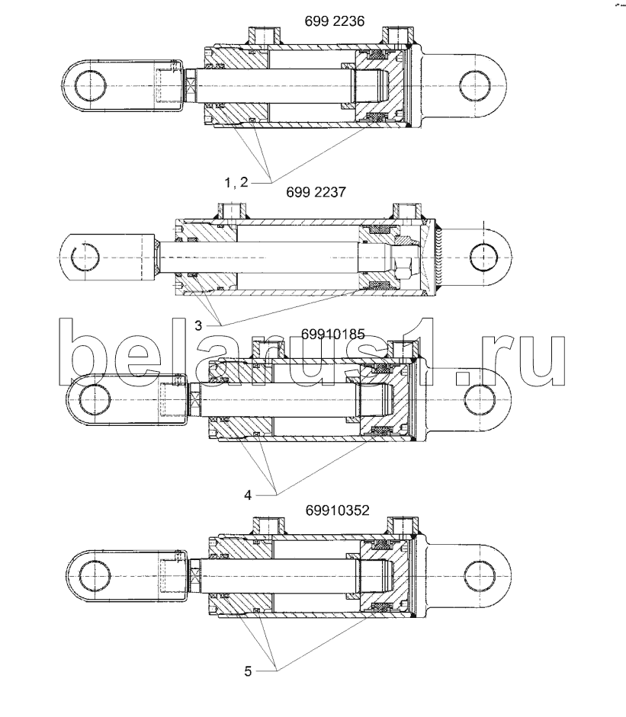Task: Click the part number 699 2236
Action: point(335,21)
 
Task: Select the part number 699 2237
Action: point(316,192)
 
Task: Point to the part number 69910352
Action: point(337,510)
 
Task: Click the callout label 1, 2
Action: point(236,183)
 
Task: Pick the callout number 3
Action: point(198,325)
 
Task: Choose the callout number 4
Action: point(248,495)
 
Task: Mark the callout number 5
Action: point(248,671)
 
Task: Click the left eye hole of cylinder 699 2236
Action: point(90,85)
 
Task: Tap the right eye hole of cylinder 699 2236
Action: point(475,85)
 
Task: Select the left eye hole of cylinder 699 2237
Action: point(85,258)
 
